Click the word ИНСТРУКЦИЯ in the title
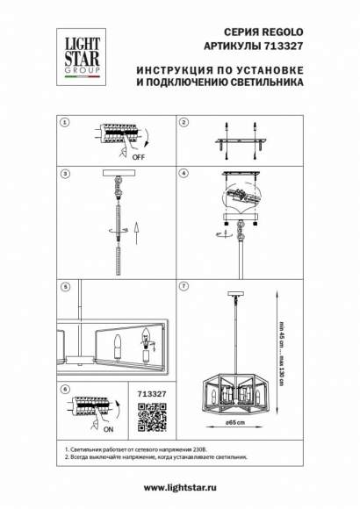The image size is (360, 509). pos(179,68)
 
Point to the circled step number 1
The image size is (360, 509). pos(64,122)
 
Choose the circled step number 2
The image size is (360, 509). pos(184,122)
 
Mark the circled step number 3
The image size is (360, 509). pos(64,173)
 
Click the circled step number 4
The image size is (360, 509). pos(184,173)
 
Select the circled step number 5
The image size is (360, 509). pos(64,286)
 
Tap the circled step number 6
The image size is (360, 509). pos(64,387)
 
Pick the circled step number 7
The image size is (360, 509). pos(184,286)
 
